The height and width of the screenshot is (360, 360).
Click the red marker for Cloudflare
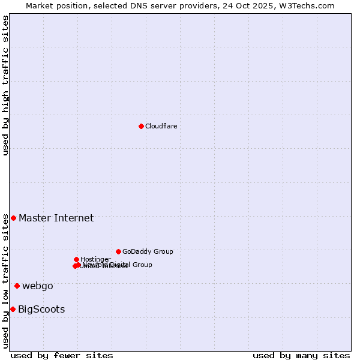click(141, 126)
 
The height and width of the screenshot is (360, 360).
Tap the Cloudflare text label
click(161, 126)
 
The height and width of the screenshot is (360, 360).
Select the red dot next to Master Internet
click(13, 218)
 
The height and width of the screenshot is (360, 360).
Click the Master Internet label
click(56, 218)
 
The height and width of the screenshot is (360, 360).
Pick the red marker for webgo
click(17, 286)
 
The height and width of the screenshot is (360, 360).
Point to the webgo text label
click(38, 286)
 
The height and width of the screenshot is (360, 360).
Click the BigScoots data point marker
click(13, 309)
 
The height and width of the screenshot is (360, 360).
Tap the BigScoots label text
click(41, 310)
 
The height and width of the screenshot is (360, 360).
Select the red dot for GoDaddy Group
click(118, 251)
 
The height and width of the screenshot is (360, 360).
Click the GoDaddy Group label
click(148, 251)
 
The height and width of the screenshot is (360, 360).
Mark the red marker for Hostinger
click(76, 259)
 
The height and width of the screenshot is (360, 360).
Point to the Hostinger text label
click(95, 259)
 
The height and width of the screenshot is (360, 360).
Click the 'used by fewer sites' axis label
click(62, 355)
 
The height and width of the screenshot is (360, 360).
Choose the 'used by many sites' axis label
click(301, 355)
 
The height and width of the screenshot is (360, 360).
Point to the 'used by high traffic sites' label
click(5, 85)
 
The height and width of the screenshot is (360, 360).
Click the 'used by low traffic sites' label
click(5, 281)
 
